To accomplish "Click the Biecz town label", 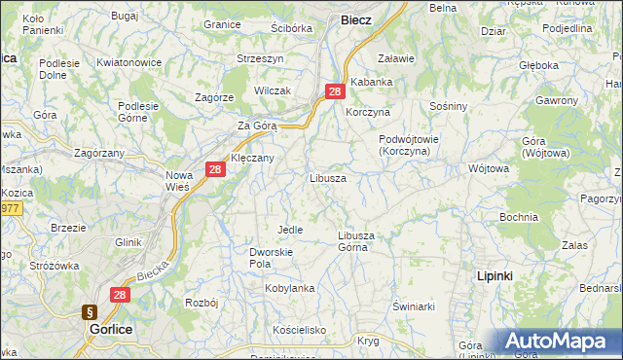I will pos(355,19).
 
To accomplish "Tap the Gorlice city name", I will pos(110,330).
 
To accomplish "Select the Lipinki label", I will pos(495,276).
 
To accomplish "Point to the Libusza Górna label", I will pos(356,241).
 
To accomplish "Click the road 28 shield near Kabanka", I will pos(335,91).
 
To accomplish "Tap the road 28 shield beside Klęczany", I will pos(216,169).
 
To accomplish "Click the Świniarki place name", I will pos(412,306).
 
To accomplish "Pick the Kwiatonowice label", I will pos(128,62).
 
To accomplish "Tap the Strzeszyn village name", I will pos(260,58).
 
